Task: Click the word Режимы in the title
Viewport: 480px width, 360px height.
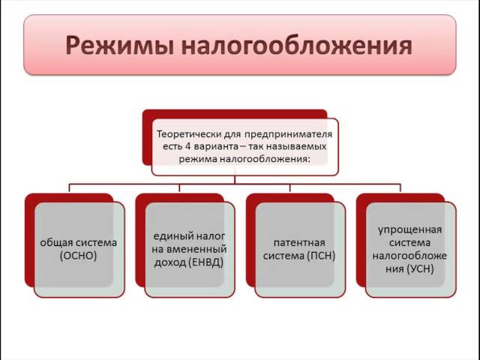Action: point(119,46)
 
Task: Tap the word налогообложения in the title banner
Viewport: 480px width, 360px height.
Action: point(296,46)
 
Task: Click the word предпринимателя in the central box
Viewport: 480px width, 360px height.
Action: point(288,135)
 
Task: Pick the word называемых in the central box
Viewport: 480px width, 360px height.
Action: point(296,147)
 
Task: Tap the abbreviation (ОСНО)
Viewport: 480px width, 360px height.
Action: point(79,256)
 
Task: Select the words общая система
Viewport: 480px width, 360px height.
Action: point(79,243)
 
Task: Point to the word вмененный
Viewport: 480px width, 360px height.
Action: point(197,249)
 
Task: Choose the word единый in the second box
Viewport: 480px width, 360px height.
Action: point(168,236)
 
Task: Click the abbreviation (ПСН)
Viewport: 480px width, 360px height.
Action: point(322,256)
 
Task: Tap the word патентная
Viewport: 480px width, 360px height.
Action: point(299,243)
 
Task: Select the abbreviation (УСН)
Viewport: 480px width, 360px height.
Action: point(421,269)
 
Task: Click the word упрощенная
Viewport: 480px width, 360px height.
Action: point(410,230)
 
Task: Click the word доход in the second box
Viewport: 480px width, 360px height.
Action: point(169,262)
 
